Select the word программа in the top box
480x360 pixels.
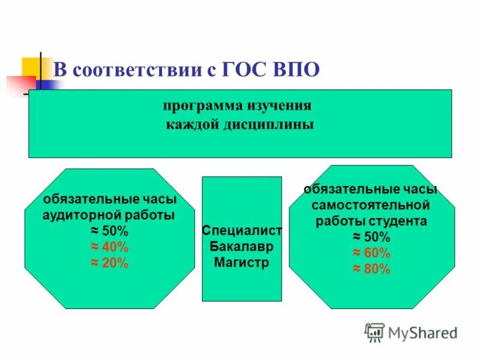pyautogui.click(x=201, y=106)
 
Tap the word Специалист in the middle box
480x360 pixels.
pyautogui.click(x=242, y=231)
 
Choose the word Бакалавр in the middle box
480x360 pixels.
pyautogui.click(x=242, y=247)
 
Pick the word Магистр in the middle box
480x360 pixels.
pyautogui.click(x=242, y=262)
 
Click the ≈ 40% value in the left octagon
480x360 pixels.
pyautogui.click(x=110, y=247)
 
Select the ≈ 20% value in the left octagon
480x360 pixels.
pyautogui.click(x=110, y=263)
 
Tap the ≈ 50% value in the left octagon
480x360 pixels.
pyautogui.click(x=110, y=232)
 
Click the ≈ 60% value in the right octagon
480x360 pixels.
pyautogui.click(x=371, y=253)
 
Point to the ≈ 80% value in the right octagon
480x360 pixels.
pyautogui.click(x=371, y=269)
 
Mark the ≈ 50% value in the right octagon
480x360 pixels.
pyautogui.click(x=371, y=236)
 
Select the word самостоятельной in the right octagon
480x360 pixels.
pyautogui.click(x=371, y=205)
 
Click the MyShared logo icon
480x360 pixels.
pyautogui.click(x=374, y=332)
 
